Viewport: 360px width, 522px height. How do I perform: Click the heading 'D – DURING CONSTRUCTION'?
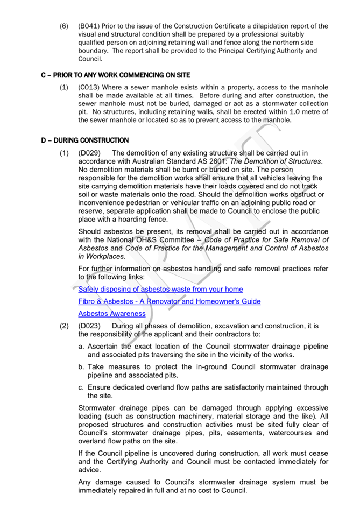(84, 140)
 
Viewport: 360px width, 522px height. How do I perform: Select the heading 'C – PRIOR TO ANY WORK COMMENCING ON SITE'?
(115, 75)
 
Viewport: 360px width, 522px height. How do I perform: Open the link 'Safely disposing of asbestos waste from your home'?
(160, 289)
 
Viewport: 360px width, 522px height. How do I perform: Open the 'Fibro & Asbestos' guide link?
(169, 301)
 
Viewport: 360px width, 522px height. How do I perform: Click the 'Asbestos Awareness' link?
(112, 314)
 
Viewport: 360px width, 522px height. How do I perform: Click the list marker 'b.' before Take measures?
(82, 367)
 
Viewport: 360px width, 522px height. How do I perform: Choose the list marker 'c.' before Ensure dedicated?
(82, 387)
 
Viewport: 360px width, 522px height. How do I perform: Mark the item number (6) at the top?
(63, 26)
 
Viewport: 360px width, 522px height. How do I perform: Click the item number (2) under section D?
(63, 326)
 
